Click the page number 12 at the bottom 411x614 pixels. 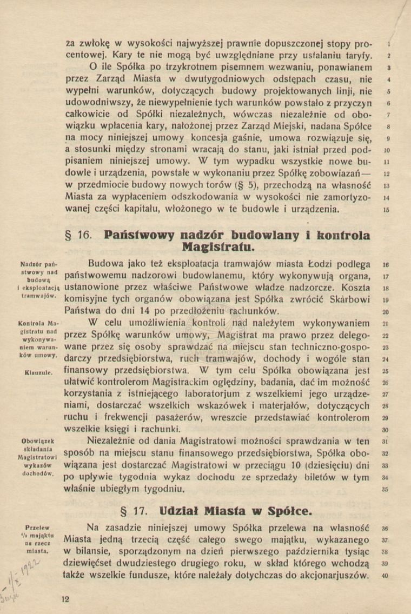(66, 598)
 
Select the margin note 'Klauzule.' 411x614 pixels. (38, 372)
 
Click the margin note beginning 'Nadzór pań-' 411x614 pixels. (36, 281)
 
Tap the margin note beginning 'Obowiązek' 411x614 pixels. (37, 457)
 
